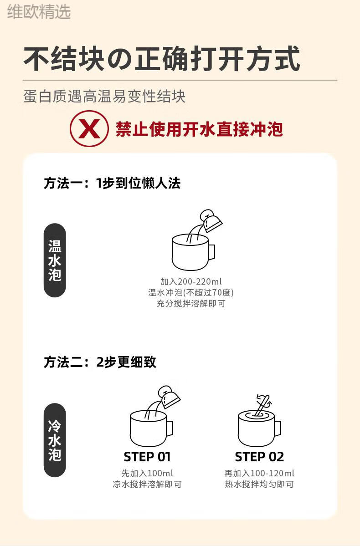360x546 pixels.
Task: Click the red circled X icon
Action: click(x=89, y=129)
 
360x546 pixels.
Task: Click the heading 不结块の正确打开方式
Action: click(x=162, y=58)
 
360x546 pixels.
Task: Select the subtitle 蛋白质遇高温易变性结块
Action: click(x=104, y=96)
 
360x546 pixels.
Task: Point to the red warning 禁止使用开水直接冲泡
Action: click(x=199, y=129)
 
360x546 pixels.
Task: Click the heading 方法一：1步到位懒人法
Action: click(x=112, y=183)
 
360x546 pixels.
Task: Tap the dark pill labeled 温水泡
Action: click(x=55, y=260)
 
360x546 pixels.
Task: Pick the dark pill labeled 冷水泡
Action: click(x=55, y=440)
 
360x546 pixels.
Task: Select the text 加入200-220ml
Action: click(x=191, y=281)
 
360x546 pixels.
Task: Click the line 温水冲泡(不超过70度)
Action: click(x=191, y=292)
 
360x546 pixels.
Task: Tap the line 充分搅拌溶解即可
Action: click(x=191, y=303)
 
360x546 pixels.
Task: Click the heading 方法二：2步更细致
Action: click(x=100, y=362)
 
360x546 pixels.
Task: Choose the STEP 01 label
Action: click(x=147, y=456)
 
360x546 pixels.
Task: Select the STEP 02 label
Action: click(x=259, y=456)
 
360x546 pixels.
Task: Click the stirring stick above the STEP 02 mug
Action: click(x=261, y=405)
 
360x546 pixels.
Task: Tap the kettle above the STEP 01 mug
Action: click(x=169, y=397)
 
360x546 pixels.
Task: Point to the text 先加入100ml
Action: click(x=147, y=473)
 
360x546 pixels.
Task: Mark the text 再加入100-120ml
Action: click(x=259, y=473)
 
